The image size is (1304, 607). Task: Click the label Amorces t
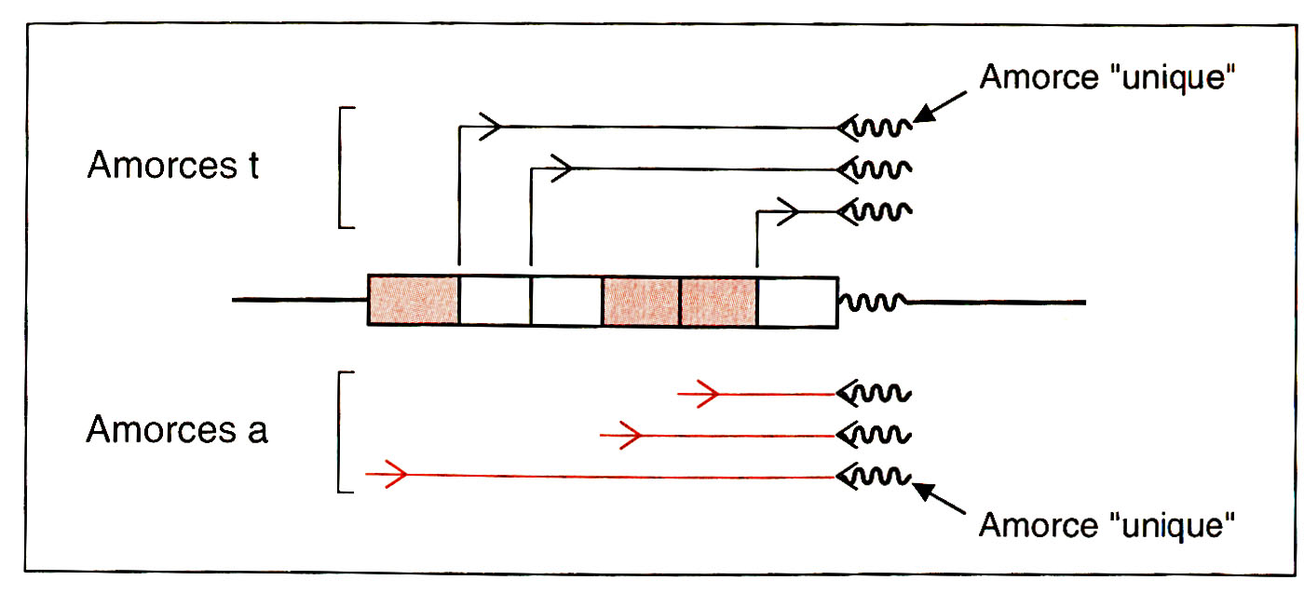[173, 166]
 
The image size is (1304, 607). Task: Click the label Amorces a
[177, 430]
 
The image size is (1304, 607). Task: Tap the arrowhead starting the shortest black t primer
[788, 212]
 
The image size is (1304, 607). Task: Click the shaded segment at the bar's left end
[414, 300]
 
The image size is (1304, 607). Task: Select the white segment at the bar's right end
[796, 300]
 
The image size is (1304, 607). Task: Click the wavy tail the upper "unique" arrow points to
[883, 128]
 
